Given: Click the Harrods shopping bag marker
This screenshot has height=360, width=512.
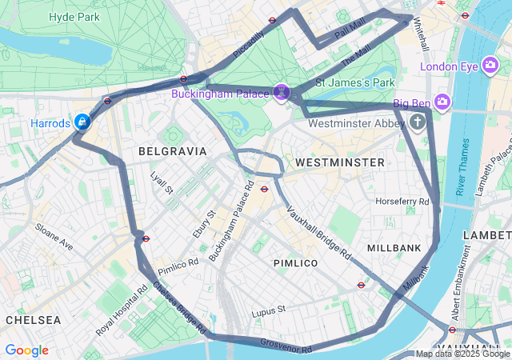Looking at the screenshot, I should [82, 122].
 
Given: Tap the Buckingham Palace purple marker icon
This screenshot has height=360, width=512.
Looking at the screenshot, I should [281, 93].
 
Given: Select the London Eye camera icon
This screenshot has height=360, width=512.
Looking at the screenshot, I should [491, 66].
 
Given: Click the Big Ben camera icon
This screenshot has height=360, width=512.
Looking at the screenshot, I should [443, 102].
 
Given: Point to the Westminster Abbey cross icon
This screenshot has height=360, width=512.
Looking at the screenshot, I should [418, 122].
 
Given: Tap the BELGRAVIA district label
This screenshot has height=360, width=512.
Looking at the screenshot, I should [172, 150].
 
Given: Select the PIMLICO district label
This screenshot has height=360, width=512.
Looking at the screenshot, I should [295, 262].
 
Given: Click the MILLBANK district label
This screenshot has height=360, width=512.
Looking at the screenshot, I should [394, 248].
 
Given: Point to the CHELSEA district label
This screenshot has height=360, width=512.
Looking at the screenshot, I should [33, 319].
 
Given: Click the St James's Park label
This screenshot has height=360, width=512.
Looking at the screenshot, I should [355, 82].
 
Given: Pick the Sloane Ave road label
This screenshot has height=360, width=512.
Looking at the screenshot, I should [53, 237].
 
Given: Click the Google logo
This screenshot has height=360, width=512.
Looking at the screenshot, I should [26, 350].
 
